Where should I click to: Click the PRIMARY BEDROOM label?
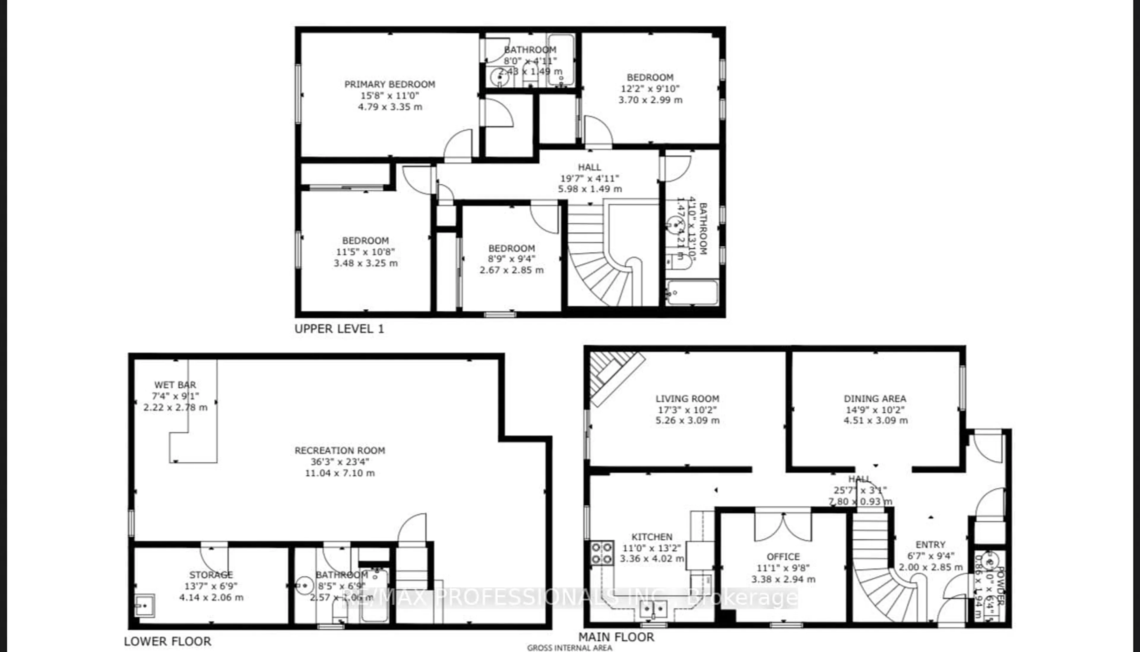(x=389, y=84)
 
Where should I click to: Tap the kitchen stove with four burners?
(x=602, y=553)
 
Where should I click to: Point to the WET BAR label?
(x=175, y=385)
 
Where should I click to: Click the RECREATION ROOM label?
(x=340, y=450)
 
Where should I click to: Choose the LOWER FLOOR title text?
(x=167, y=641)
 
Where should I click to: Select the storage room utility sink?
(x=145, y=606)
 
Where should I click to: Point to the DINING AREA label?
(x=875, y=398)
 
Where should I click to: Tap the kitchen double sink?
(x=653, y=609)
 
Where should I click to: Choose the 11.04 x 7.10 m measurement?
(x=340, y=473)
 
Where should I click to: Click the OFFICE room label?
(x=783, y=557)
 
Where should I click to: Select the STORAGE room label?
(x=211, y=575)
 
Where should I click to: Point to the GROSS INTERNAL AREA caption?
(x=569, y=648)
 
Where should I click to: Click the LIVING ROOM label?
(x=687, y=398)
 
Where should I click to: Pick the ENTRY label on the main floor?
(x=930, y=545)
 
